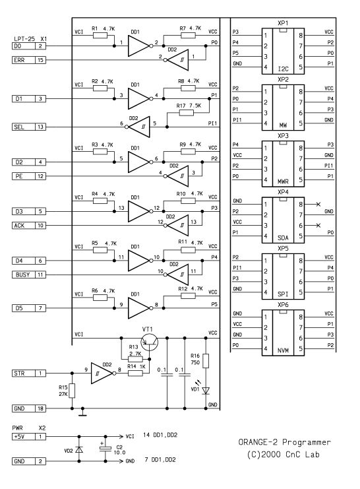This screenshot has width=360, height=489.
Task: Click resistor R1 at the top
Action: (x=100, y=35)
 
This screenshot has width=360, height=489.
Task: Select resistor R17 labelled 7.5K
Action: (x=186, y=113)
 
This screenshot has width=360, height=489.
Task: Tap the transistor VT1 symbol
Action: (x=149, y=342)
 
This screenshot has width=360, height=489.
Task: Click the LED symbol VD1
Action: (x=206, y=391)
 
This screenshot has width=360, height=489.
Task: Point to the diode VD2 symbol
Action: (x=79, y=449)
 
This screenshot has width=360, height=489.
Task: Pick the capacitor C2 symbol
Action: (x=105, y=449)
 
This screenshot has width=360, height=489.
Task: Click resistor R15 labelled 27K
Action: (x=72, y=391)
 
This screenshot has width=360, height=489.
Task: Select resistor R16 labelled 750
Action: (x=206, y=361)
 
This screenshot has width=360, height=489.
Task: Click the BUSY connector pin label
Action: (x=23, y=275)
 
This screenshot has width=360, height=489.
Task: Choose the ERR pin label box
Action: (x=23, y=60)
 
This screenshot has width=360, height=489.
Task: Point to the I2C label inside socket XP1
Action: (x=283, y=69)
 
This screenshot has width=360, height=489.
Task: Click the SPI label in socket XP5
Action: (x=283, y=294)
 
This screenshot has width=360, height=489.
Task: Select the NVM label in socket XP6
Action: (x=283, y=350)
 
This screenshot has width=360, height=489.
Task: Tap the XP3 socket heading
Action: (x=283, y=136)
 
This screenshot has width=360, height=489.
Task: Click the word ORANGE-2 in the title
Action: (x=258, y=442)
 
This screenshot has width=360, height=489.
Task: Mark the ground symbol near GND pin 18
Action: (x=82, y=412)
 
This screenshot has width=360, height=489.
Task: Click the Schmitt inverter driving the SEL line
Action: (x=138, y=127)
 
